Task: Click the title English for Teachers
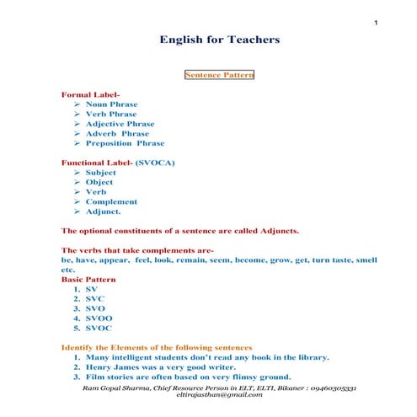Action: [x=219, y=40]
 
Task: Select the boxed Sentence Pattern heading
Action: [x=219, y=74]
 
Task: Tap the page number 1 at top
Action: [x=373, y=9]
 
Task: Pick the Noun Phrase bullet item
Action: [x=111, y=104]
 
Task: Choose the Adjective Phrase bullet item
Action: [x=120, y=123]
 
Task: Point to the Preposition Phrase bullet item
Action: [x=125, y=143]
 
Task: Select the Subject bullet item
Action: [x=100, y=172]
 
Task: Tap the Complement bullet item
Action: [x=111, y=201]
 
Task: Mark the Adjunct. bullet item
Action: [x=105, y=211]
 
